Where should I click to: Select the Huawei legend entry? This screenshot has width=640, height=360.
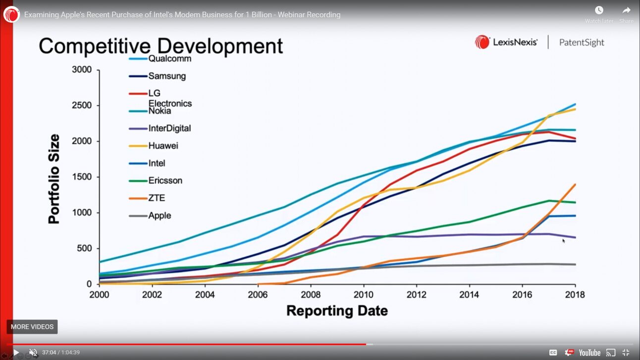pos(163,146)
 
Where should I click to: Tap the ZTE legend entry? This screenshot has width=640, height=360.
pos(157,198)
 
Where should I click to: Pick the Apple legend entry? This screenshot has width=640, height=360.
pos(160,215)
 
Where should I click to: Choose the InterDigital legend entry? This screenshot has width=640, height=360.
pos(169,128)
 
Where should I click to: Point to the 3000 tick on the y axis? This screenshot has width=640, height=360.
pos(82,70)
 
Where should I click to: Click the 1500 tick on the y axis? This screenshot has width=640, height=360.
pos(82,177)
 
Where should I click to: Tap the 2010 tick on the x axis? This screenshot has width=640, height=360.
pos(363,295)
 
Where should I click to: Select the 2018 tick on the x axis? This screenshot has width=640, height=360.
pos(575,295)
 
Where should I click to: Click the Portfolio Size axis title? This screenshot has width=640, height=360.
pos(54,179)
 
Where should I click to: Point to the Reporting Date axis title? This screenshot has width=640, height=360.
pos(337,311)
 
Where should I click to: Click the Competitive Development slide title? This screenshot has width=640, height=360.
pos(161,46)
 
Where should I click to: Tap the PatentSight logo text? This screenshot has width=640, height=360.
pos(582,43)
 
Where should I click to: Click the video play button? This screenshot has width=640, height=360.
pos(16,353)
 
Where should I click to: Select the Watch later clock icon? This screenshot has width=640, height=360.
pos(599,10)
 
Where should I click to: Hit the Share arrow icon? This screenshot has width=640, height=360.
pos(626,10)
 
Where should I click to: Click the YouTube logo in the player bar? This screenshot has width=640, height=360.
pos(589,353)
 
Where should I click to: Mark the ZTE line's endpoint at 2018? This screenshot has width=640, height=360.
pos(575,184)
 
